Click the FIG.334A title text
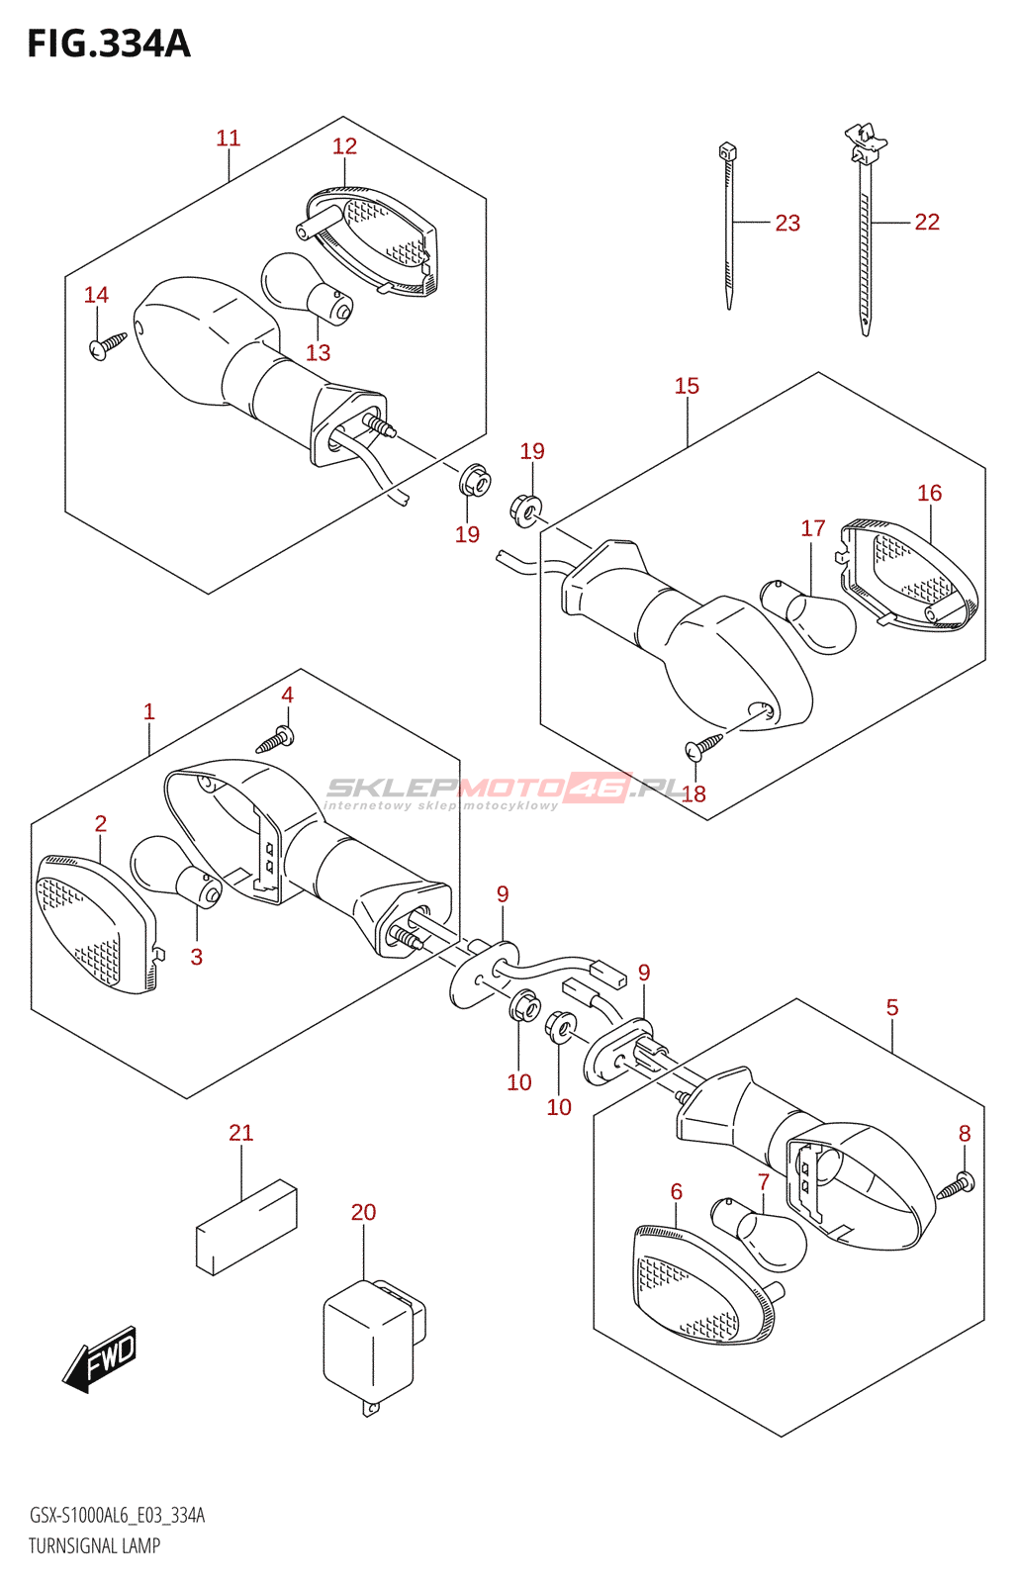click(110, 44)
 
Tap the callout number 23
click(787, 224)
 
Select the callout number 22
click(927, 222)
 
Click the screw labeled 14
click(108, 345)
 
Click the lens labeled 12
click(366, 241)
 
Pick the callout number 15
click(687, 386)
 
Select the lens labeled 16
click(909, 576)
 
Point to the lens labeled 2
click(96, 924)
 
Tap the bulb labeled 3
click(176, 873)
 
